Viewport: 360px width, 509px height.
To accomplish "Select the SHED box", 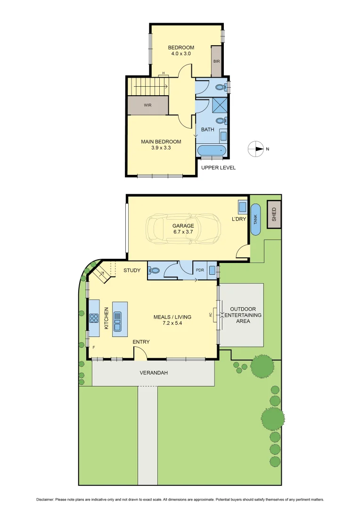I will [274, 214].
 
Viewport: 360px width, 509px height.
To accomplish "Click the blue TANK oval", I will [256, 219].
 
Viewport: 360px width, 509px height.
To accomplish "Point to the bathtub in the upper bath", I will [212, 151].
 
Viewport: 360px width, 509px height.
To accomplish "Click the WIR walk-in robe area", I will [148, 105].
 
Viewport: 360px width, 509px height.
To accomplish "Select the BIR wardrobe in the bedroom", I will [216, 61].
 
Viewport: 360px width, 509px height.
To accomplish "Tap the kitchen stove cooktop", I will [94, 318].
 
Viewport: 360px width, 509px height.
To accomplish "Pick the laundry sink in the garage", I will [242, 207].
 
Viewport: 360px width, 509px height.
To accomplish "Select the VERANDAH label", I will [154, 373].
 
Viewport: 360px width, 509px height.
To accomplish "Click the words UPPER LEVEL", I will [218, 168].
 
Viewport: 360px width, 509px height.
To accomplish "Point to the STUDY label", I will [132, 271].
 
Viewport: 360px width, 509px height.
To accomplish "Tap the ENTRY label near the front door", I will [141, 342].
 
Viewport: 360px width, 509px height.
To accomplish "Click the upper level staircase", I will [148, 86].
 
